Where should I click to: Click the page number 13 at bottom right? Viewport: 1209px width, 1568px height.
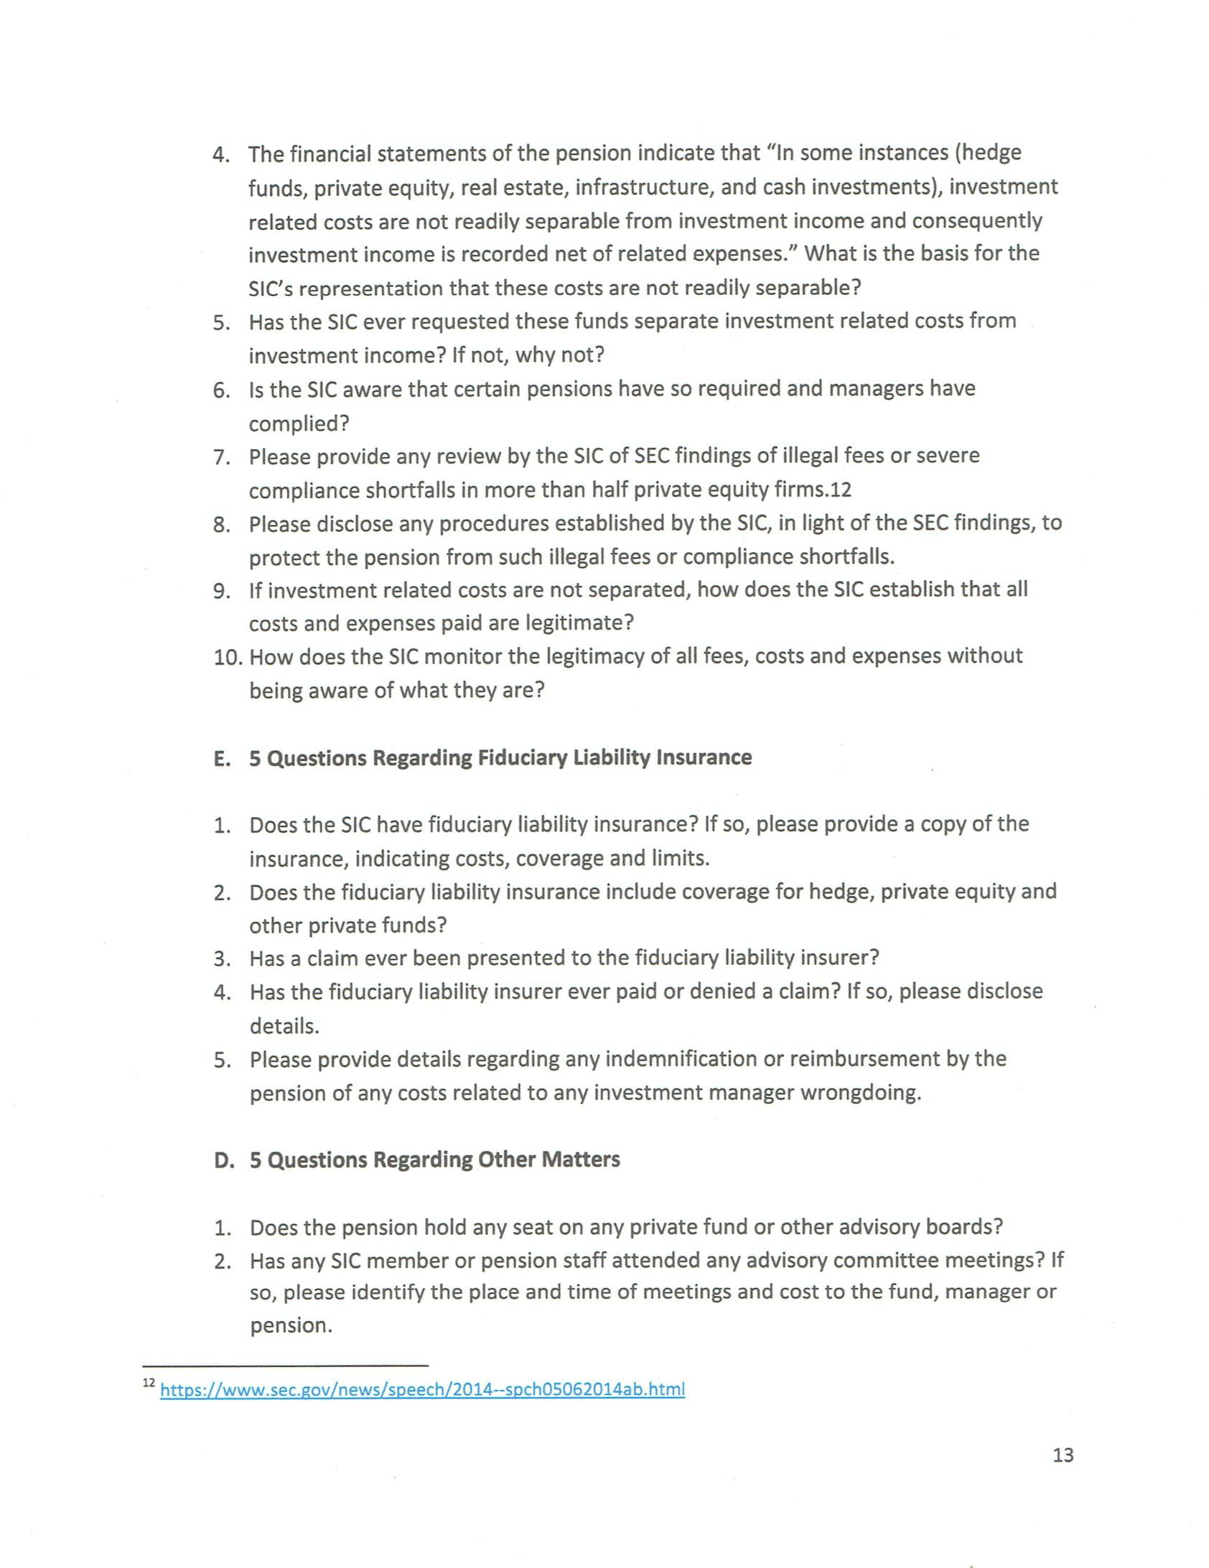pos(1063,1455)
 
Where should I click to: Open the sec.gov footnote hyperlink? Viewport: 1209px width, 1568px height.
pos(422,1389)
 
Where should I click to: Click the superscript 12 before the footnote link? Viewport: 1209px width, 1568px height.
pos(149,1382)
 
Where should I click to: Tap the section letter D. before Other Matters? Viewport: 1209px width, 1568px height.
pos(223,1160)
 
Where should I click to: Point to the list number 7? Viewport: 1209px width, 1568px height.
pos(221,457)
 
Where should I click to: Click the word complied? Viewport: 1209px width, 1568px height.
pos(299,424)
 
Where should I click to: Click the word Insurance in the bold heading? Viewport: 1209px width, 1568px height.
pos(704,758)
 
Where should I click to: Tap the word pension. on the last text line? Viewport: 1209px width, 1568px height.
pos(291,1325)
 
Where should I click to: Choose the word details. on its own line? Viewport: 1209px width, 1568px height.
pos(284,1027)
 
